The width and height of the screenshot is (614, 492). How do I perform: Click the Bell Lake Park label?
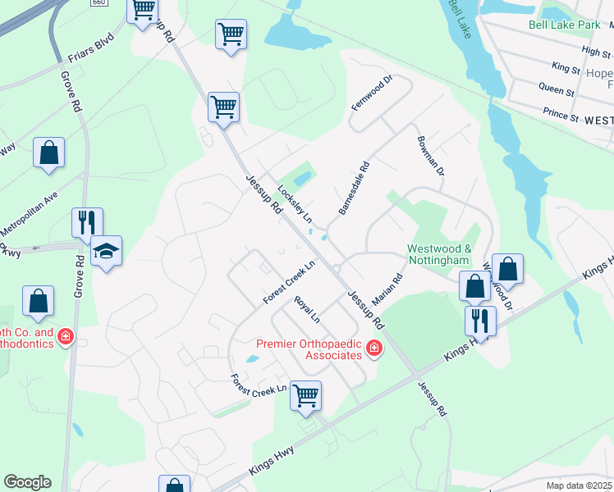(x=565, y=25)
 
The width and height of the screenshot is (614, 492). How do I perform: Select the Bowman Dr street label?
(x=429, y=156)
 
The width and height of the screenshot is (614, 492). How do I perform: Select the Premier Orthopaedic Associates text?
(x=309, y=349)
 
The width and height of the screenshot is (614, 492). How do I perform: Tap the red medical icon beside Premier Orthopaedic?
(x=374, y=349)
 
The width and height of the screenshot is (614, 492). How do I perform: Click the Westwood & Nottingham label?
(x=439, y=254)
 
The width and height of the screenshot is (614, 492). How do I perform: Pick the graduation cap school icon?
(x=107, y=250)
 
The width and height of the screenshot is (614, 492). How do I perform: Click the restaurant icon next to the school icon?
(x=86, y=222)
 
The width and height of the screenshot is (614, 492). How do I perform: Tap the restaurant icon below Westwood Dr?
(x=480, y=320)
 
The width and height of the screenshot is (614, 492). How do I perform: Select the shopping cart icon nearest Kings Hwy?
(x=305, y=395)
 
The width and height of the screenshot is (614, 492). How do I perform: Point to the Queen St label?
(x=556, y=87)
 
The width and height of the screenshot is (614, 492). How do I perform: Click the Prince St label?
(x=561, y=113)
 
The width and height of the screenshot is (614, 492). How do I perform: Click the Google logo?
(x=27, y=482)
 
